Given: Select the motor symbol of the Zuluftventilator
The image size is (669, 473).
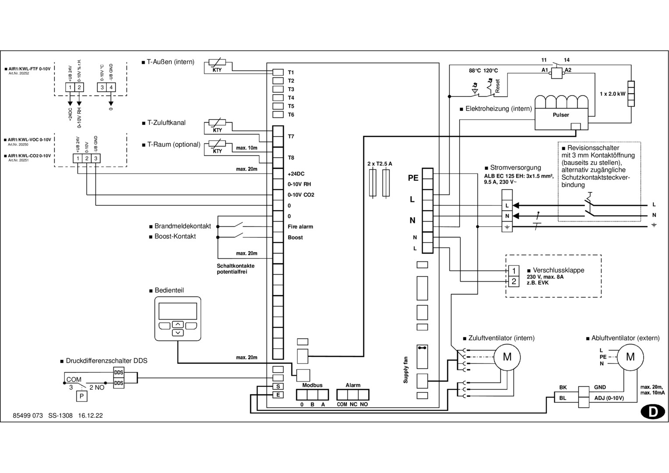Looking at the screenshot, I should coord(507,357).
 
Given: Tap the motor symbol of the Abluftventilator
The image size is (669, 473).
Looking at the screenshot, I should coord(630,357).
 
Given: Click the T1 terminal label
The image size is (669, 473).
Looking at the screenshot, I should coord(291,72).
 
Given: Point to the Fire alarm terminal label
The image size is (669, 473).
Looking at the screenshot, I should coord(300,227).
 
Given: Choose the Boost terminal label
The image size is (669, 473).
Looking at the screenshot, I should coord(295,237).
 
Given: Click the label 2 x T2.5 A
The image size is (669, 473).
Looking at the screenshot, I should coord(379,164).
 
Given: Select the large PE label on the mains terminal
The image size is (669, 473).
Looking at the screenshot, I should coord(413,178).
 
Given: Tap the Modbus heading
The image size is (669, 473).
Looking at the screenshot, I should coord(312,385).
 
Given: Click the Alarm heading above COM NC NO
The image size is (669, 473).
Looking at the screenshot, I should coord(353,385).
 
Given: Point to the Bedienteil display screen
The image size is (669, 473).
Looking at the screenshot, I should coord(177,311).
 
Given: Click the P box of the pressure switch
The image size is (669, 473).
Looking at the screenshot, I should coord(81,397).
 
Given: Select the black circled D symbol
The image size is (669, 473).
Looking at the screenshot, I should coord(652,412).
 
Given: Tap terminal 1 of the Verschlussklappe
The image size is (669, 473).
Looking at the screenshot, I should coord(513,271).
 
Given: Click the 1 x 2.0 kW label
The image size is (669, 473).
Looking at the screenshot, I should coord(612,94).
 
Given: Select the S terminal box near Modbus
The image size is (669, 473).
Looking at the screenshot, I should coord(278,386).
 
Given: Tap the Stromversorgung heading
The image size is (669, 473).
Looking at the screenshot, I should coord(515,168).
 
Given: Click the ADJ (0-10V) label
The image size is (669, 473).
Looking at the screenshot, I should coord(609,398).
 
